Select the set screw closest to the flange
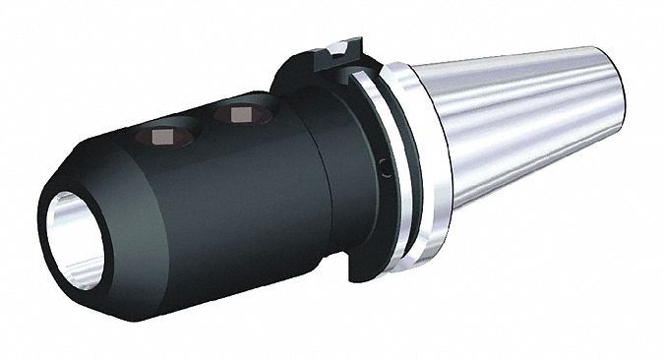click(x=239, y=115)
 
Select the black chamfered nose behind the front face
click(x=108, y=177)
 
